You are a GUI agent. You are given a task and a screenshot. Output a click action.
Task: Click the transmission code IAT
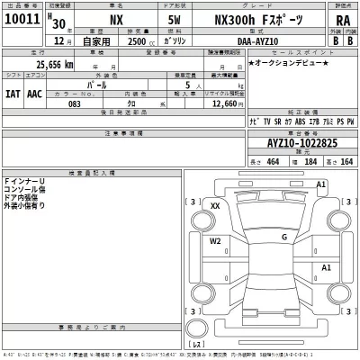pyautogui.click(x=12, y=93)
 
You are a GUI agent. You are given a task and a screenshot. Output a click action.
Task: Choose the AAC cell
pyautogui.click(x=34, y=93)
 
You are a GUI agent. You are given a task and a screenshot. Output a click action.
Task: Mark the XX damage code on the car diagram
pyautogui.click(x=214, y=206)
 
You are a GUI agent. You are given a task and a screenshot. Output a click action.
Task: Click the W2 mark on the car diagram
pyautogui.click(x=215, y=240)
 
